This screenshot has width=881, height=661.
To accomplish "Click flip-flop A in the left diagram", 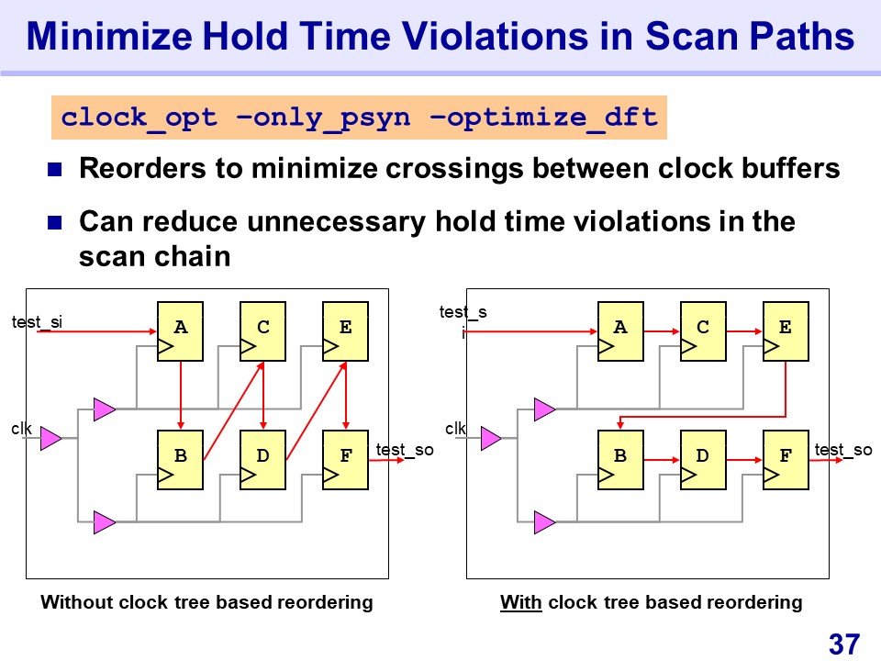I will coord(180,331).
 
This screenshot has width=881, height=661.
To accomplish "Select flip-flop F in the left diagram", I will coord(345,459).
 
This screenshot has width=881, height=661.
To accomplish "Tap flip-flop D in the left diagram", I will coord(262,459).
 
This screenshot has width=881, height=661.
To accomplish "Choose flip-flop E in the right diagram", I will coord(786,331).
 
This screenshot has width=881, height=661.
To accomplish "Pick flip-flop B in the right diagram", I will coord(620,459).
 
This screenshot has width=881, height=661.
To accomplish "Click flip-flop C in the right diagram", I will coord(703,331).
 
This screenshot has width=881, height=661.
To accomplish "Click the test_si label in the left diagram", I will coord(37,321).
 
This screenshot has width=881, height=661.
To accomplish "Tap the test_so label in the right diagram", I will coord(843,449).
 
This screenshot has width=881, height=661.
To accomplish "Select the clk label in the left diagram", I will coord(21,428).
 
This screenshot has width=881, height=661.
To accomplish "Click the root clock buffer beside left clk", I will coord(50,439).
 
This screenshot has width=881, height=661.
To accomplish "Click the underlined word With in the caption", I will coord(519,603).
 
